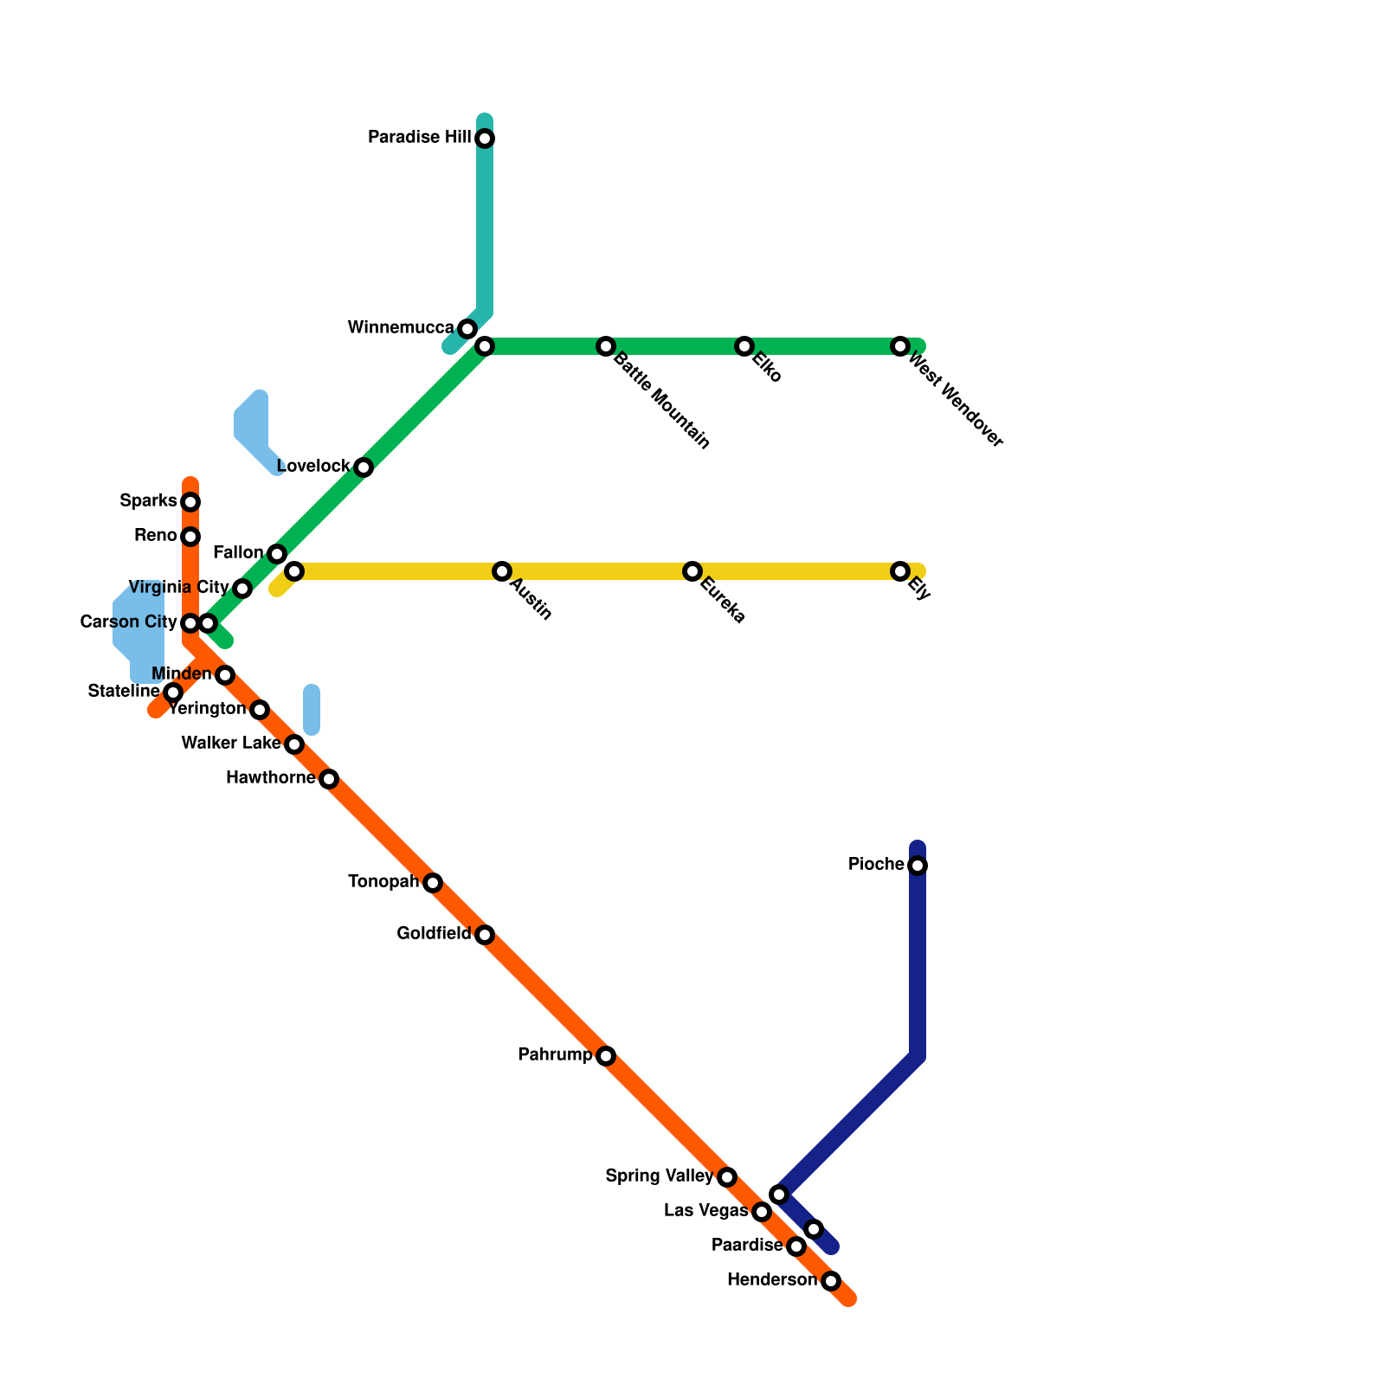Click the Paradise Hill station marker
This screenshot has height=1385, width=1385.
(x=485, y=138)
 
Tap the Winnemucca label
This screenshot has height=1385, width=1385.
(x=401, y=328)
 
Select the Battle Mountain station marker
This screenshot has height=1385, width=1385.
(x=606, y=346)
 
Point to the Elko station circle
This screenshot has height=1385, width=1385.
(x=744, y=346)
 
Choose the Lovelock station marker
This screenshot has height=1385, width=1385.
(x=364, y=467)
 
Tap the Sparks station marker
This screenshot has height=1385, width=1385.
(x=190, y=502)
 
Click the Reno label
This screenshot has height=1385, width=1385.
(x=156, y=536)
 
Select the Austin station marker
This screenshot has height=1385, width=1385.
(x=502, y=571)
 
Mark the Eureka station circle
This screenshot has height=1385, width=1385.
(x=692, y=571)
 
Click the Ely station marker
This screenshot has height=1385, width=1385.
(x=900, y=571)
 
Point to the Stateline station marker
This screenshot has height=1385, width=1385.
(x=173, y=692)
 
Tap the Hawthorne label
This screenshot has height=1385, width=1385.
(x=270, y=778)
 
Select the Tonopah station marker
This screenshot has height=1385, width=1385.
(x=433, y=883)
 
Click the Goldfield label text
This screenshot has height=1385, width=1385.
(x=434, y=934)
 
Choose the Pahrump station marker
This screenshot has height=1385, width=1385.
(x=606, y=1056)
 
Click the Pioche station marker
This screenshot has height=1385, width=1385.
(x=918, y=866)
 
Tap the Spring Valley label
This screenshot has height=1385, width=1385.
(x=660, y=1176)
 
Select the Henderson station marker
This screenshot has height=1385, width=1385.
(x=831, y=1281)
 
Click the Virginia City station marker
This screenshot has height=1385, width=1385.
(x=242, y=589)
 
